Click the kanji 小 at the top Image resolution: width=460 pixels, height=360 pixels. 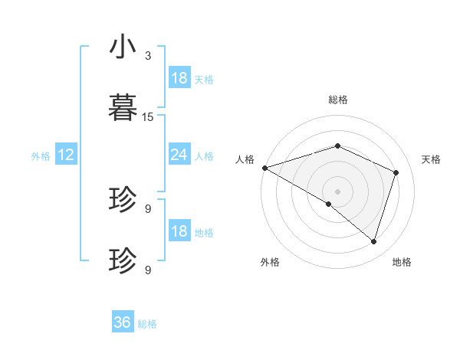click(x=123, y=47)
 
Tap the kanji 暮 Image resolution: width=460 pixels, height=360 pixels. click(x=123, y=107)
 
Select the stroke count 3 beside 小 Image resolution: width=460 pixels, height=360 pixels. click(x=148, y=56)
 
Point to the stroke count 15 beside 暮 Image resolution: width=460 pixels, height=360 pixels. click(x=148, y=116)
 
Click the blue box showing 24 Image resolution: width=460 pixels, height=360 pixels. click(x=179, y=155)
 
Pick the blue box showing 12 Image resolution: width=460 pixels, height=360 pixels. click(x=66, y=155)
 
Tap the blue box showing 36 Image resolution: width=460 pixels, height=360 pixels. click(x=123, y=322)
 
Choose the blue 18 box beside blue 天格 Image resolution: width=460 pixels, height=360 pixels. click(x=179, y=78)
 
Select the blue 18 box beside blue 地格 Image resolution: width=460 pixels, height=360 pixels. click(x=179, y=232)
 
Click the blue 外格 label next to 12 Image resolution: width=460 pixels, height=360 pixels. click(x=41, y=156)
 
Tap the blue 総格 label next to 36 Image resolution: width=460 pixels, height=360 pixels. click(x=147, y=324)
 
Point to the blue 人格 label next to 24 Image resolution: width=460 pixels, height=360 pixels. click(x=203, y=156)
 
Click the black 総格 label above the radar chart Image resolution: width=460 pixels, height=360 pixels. click(x=337, y=100)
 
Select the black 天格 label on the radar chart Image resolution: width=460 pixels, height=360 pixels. click(x=431, y=159)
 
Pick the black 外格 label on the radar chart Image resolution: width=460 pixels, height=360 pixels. click(x=270, y=262)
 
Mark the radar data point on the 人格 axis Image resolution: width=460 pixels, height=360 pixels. click(x=264, y=168)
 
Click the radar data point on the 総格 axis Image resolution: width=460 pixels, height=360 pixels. click(x=337, y=146)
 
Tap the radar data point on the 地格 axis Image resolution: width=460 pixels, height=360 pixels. click(x=374, y=241)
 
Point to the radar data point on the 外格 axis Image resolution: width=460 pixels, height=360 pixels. click(x=329, y=204)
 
